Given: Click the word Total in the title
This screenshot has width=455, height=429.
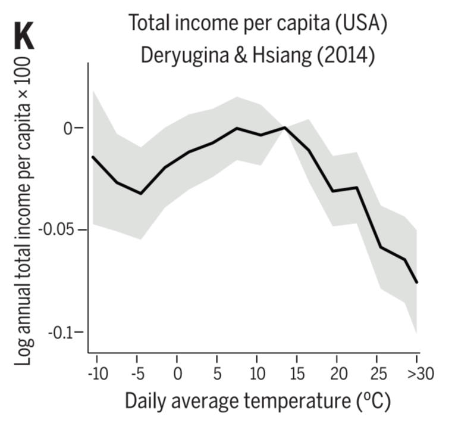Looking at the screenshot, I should [x=148, y=24].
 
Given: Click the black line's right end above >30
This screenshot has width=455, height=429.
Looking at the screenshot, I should [x=418, y=282].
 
